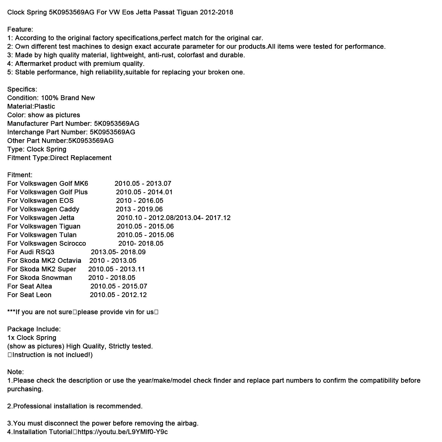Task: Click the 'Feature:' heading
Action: pyautogui.click(x=20, y=29)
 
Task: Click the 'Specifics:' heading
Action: pyautogui.click(x=22, y=89)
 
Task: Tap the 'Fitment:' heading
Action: pyautogui.click(x=20, y=175)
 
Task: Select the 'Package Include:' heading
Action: pyautogui.click(x=34, y=329)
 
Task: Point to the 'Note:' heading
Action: pyautogui.click(x=15, y=372)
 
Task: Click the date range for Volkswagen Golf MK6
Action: pyautogui.click(x=143, y=183)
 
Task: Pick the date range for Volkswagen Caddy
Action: pyautogui.click(x=139, y=209)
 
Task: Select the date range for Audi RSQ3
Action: pyautogui.click(x=118, y=252)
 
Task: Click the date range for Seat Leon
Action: pyautogui.click(x=118, y=295)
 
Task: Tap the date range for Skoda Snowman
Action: pyautogui.click(x=112, y=278)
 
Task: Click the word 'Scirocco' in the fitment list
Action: pyautogui.click(x=73, y=243)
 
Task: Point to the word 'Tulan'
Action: pyautogui.click(x=68, y=235)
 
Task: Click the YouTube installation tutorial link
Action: pyautogui.click(x=123, y=432)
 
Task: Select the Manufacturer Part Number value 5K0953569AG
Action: pyautogui.click(x=117, y=123)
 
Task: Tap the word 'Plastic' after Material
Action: pyautogui.click(x=45, y=106)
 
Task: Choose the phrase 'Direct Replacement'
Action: pyautogui.click(x=81, y=158)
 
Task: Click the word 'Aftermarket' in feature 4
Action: pyautogui.click(x=33, y=64)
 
